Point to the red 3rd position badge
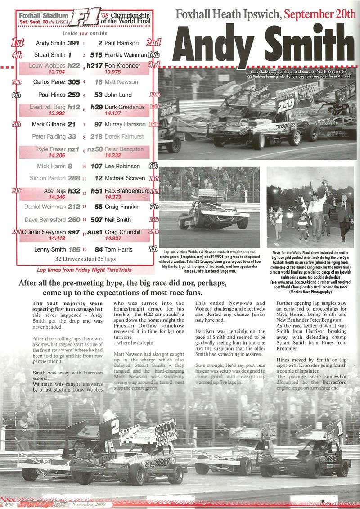coord(154,66)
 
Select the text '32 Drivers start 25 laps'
coord(86,259)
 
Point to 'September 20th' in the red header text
coord(320,15)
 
